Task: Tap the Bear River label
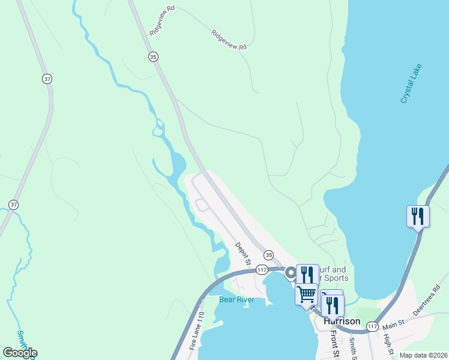click(x=237, y=299)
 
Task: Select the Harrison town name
click(x=342, y=321)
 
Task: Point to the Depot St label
click(x=243, y=254)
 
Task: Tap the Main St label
click(x=394, y=325)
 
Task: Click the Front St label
click(x=334, y=344)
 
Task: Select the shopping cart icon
click(x=307, y=294)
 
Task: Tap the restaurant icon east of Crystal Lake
click(x=418, y=215)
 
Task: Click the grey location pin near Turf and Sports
click(x=291, y=273)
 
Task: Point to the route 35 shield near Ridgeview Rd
click(x=154, y=56)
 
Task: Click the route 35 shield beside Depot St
click(x=268, y=255)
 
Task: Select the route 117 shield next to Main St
click(x=372, y=326)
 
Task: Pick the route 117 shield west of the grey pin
click(x=262, y=270)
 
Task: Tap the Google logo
click(x=20, y=353)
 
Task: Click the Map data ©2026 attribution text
click(x=423, y=355)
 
